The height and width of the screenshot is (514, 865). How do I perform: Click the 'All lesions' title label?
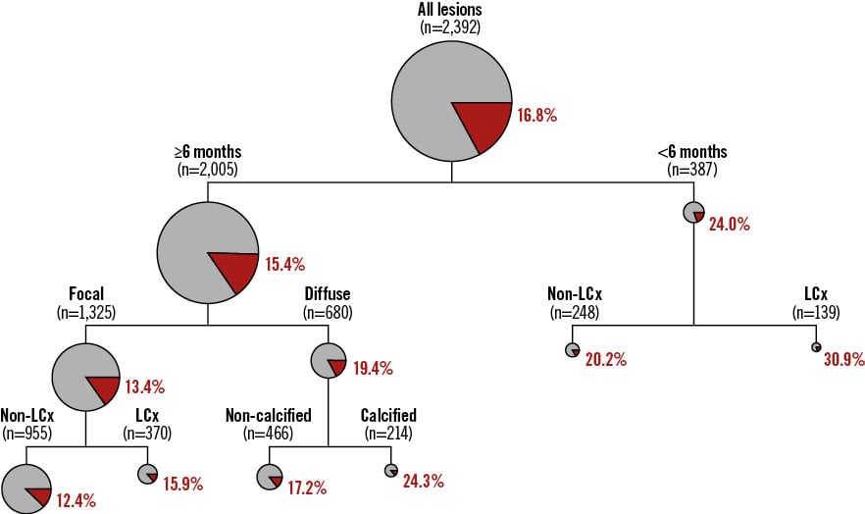point(450,9)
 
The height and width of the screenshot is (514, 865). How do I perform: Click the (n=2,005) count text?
point(207,169)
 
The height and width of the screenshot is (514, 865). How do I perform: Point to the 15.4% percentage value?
point(284,264)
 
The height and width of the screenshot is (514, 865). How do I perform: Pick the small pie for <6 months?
point(694,212)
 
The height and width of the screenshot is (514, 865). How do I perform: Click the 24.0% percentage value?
point(729,224)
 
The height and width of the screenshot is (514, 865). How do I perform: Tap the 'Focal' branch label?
point(86,293)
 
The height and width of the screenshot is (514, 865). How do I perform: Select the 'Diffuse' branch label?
point(329,293)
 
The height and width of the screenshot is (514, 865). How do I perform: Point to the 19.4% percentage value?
point(372,369)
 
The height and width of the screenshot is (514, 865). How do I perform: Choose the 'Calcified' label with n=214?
point(388,415)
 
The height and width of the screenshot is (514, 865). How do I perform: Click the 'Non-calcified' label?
point(269,415)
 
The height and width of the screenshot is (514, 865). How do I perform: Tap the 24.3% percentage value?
point(423,481)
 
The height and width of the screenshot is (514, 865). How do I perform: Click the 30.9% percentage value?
point(843,359)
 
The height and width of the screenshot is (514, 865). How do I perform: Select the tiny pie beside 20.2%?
point(572,349)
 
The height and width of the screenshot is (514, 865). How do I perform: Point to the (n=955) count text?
point(26,432)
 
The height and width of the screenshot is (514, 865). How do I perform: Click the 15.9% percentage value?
point(183,483)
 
